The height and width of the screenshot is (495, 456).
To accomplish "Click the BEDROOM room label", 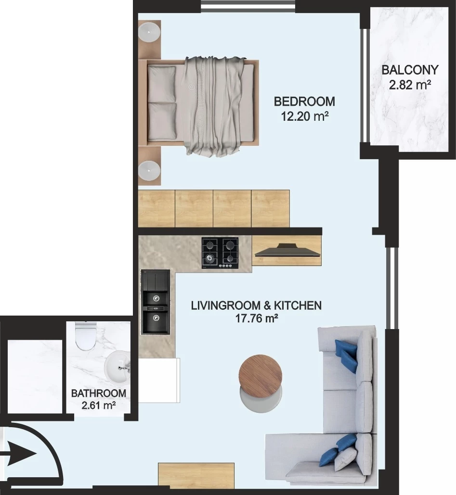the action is pyautogui.click(x=304, y=102).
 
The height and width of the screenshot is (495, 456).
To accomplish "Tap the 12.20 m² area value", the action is pyautogui.click(x=305, y=116).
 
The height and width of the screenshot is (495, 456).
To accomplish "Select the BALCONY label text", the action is pyautogui.click(x=410, y=70).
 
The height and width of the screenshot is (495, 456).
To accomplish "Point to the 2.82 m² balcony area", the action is pyautogui.click(x=410, y=85).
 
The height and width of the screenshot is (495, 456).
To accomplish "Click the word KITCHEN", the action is pyautogui.click(x=298, y=305).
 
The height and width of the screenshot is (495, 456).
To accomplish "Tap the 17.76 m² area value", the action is pyautogui.click(x=256, y=318).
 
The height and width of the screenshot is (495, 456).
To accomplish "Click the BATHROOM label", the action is pyautogui.click(x=99, y=393).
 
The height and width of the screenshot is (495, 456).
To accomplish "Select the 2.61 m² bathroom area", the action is pyautogui.click(x=99, y=405).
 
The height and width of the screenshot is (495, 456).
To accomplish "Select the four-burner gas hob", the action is pyautogui.click(x=220, y=253).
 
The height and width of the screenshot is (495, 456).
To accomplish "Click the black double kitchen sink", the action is pyautogui.click(x=155, y=302).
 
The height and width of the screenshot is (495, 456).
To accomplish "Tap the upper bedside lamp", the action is pyautogui.click(x=149, y=32).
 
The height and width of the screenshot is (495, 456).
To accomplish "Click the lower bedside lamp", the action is pyautogui.click(x=149, y=171).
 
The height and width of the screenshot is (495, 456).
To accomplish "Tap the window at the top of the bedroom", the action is pyautogui.click(x=248, y=6).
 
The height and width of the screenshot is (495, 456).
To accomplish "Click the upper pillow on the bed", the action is pyautogui.click(x=162, y=84).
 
